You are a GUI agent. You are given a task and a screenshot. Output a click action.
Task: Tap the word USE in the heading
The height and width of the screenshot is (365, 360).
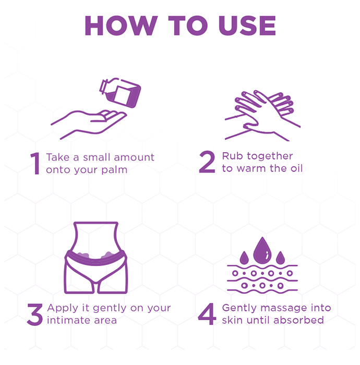247,26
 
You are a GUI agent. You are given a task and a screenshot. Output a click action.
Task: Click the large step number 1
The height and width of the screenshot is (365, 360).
35,163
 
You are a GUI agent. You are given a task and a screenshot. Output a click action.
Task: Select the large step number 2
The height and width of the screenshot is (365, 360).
207,162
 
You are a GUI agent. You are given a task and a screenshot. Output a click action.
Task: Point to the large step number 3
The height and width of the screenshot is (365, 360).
35,314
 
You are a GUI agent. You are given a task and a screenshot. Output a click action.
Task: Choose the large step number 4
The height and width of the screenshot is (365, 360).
207,314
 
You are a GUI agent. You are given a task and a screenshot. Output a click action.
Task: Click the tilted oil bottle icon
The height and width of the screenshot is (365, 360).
120,93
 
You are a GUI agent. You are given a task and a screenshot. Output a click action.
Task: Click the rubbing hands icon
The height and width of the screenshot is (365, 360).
262,115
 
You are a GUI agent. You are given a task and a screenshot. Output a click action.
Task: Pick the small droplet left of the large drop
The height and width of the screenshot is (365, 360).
244,258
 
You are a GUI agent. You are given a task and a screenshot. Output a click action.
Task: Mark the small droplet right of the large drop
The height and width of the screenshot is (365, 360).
280,258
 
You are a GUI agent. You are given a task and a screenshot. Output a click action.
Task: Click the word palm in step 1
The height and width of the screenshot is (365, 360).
114,170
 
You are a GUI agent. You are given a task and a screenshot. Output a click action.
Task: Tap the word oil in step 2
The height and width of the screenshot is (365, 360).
296,168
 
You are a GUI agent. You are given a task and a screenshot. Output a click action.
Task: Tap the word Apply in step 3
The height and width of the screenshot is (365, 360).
63,308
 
